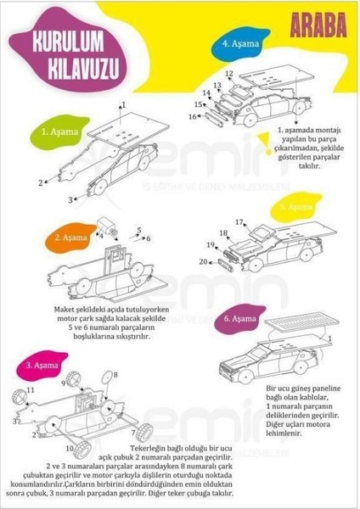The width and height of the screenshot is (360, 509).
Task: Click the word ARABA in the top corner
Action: click(321, 25)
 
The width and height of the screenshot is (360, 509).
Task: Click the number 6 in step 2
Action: click(148, 238)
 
